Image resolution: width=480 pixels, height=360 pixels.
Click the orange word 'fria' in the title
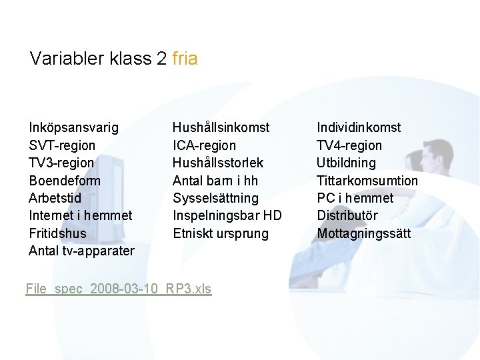tap(185, 59)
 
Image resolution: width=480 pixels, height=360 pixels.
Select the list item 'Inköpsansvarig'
tap(74, 127)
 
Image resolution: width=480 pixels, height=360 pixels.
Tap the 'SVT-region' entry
tap(62, 145)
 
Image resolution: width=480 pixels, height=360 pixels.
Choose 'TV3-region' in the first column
tap(61, 163)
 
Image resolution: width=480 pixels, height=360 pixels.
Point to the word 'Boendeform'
tap(65, 181)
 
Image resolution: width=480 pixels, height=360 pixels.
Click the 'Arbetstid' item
tap(55, 198)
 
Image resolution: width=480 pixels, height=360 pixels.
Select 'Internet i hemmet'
tap(80, 215)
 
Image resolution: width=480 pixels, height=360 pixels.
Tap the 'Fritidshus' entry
tap(57, 233)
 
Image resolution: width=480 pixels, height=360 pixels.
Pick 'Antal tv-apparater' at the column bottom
tap(81, 251)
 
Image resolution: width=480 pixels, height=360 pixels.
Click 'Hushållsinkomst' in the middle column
tap(221, 127)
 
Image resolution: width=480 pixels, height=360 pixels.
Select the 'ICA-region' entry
tap(204, 145)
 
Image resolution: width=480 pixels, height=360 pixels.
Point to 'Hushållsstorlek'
tap(218, 163)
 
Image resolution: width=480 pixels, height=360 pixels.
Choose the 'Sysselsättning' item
tap(215, 198)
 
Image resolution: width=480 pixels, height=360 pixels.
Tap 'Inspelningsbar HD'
tap(227, 215)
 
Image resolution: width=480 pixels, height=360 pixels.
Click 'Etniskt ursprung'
tap(221, 233)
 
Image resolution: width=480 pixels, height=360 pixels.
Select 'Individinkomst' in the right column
tap(359, 127)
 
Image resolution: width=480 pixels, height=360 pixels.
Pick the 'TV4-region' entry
tap(349, 145)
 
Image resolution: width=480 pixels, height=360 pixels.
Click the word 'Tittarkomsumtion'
tap(367, 181)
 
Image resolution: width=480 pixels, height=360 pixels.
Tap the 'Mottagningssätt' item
tap(364, 233)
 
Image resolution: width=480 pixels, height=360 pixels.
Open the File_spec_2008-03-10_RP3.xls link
tap(119, 289)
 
